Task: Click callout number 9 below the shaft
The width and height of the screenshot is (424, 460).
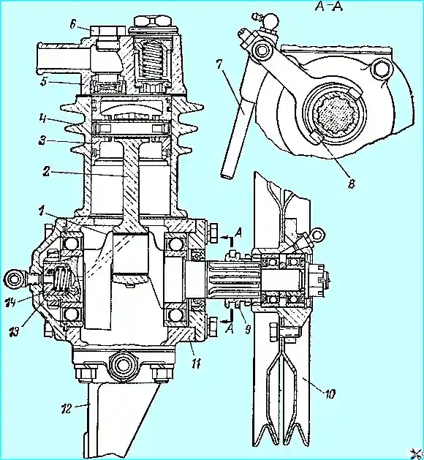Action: tap(247, 329)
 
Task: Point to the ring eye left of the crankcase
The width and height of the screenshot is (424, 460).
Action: tap(15, 278)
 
